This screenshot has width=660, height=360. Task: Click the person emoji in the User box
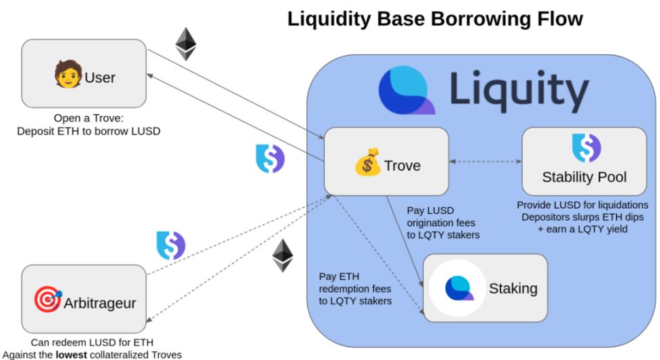pos(68,75)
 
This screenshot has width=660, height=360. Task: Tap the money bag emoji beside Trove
pos(367,164)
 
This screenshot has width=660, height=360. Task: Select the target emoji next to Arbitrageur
pos(48,300)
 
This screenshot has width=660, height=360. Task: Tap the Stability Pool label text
pos(584,177)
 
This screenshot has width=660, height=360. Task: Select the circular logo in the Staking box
pos(458,288)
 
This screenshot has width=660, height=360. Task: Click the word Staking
pos(513,288)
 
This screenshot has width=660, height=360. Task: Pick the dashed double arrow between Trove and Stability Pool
pos(485,162)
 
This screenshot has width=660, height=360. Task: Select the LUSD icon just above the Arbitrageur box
pos(170,245)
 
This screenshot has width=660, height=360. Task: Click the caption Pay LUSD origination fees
pos(440,222)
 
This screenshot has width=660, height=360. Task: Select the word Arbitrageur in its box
pos(99,303)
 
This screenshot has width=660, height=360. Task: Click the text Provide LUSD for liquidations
pos(584,204)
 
